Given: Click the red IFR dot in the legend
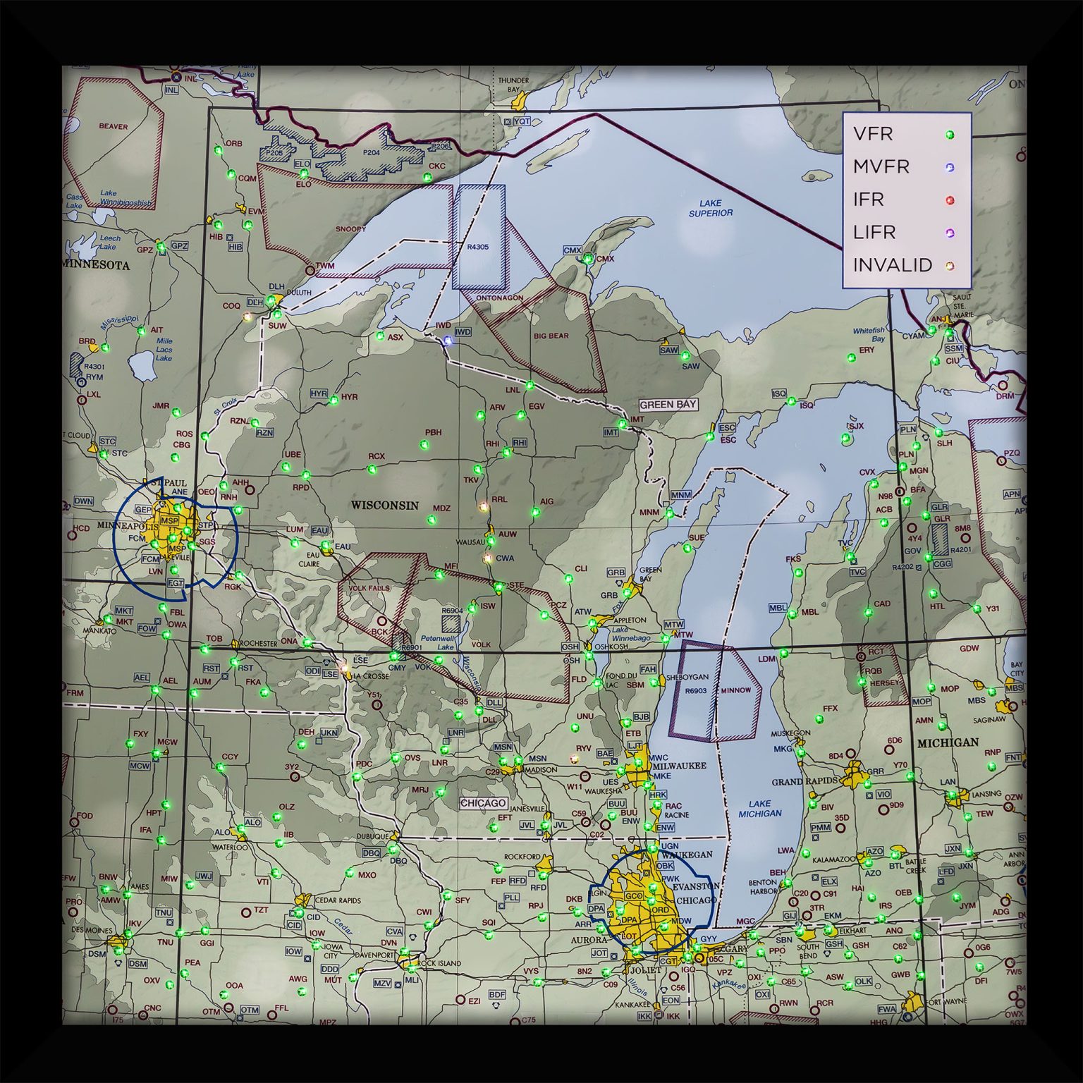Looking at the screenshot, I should click(950, 200).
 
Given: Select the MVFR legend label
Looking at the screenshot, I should click(881, 167).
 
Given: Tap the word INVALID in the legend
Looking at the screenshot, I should click(892, 265).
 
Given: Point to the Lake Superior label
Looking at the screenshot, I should click(711, 208).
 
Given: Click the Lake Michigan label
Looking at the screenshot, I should click(759, 808).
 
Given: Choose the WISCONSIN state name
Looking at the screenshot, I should click(385, 505).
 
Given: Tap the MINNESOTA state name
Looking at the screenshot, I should click(97, 265).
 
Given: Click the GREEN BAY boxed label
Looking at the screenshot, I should click(668, 405).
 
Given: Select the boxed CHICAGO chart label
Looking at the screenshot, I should click(484, 803).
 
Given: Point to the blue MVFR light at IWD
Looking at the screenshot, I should click(446, 341).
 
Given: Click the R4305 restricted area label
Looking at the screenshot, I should click(478, 247).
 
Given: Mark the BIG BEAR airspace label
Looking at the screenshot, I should click(551, 336).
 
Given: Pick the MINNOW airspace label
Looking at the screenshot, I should click(735, 690).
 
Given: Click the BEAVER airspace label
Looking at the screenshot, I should click(114, 127).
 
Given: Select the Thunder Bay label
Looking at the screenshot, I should click(513, 85).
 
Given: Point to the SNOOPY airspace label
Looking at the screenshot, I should click(350, 229).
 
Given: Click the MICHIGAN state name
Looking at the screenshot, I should click(948, 742).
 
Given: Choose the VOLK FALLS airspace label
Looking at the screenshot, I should click(369, 588).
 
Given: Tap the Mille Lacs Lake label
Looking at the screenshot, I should click(164, 350).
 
